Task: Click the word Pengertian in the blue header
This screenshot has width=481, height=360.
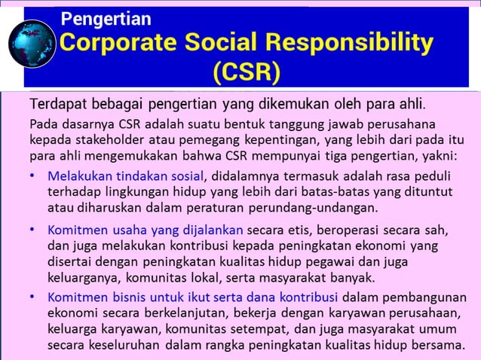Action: (x=106, y=19)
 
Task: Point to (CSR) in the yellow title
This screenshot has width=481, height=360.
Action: (x=246, y=73)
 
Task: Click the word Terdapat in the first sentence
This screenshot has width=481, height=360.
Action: (x=54, y=102)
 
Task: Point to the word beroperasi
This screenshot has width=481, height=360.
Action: (x=325, y=229)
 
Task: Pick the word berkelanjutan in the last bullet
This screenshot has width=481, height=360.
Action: (x=195, y=313)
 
